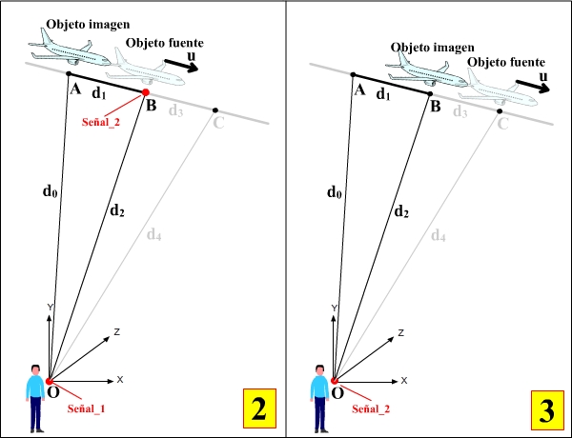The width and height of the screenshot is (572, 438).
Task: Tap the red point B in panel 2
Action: [x=146, y=92]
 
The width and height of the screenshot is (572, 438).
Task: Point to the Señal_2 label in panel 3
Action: [x=373, y=408]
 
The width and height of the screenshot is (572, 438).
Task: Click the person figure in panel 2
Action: [x=36, y=396]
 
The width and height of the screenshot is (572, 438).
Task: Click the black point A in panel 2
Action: [x=69, y=73]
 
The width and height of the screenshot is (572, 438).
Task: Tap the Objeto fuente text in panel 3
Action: [x=504, y=61]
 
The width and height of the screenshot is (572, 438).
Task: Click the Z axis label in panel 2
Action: [x=115, y=331]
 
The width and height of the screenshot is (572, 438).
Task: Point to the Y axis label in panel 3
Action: [x=334, y=308]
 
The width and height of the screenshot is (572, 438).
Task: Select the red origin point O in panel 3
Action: [x=335, y=381]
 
